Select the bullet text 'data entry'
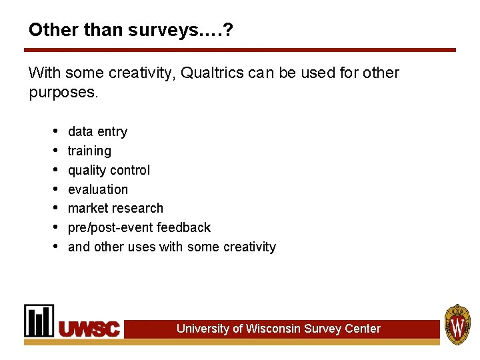97,131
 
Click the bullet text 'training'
89,151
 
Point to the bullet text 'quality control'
109,170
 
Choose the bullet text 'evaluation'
97,189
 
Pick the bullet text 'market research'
115,208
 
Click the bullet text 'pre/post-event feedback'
139,227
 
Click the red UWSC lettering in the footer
89,329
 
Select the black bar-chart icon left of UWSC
39,321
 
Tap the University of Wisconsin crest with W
457,324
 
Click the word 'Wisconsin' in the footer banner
273,329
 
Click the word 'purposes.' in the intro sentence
63,92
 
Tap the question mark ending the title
228,30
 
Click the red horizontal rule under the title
240,50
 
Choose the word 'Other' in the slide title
49,30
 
